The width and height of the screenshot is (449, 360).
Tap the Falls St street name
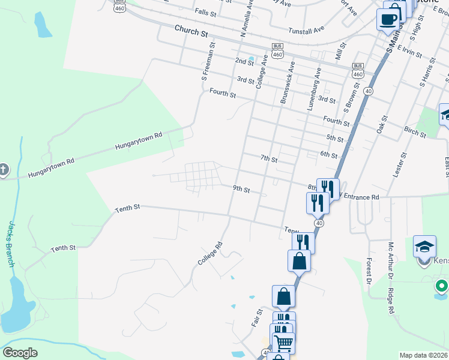205,12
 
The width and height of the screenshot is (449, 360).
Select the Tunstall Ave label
306,28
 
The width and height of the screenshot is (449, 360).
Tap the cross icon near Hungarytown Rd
3,170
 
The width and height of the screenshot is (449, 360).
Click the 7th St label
269,159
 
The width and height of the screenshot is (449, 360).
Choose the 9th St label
241,189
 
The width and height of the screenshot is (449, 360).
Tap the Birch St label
415,131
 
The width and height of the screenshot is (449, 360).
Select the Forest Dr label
370,278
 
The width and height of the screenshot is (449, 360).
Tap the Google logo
20,353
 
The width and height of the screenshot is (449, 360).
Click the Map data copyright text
423,355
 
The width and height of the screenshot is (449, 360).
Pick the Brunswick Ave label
287,82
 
